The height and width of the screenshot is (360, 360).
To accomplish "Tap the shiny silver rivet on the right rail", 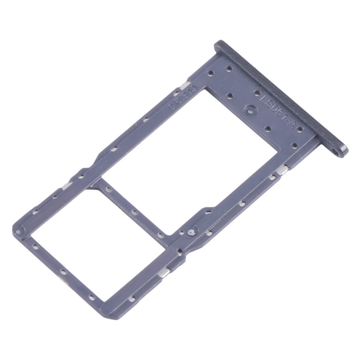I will click(191, 231).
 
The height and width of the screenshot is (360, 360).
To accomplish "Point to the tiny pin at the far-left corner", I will click(18, 232).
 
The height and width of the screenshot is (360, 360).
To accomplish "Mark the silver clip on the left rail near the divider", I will click(67, 185).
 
